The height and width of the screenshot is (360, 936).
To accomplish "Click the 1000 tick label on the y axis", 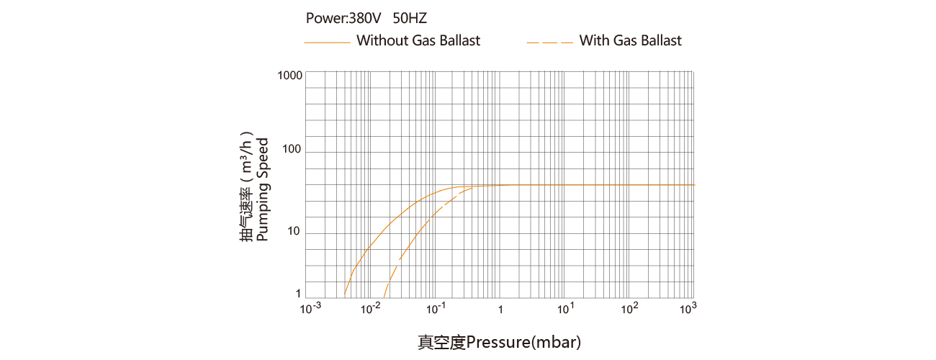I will (289, 76).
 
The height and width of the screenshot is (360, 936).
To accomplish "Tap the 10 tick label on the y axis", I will (294, 233).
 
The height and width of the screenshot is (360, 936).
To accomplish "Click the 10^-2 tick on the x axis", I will (371, 309).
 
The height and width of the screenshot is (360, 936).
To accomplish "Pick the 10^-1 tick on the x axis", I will (436, 309).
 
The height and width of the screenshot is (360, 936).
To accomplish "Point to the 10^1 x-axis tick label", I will (564, 309).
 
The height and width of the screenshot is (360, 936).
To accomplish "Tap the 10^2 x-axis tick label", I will (629, 309).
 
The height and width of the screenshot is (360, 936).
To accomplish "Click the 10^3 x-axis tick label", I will (689, 309).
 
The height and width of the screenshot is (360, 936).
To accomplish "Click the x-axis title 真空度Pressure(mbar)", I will (499, 341).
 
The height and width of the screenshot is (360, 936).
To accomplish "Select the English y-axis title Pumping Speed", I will (263, 189).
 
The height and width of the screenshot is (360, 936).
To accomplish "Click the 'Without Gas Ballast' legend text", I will (418, 41).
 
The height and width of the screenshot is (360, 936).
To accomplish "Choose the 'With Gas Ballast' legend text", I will (630, 41).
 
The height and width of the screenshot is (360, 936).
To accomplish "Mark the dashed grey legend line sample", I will (549, 42).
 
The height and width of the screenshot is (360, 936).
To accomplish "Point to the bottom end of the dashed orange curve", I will (384, 296).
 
